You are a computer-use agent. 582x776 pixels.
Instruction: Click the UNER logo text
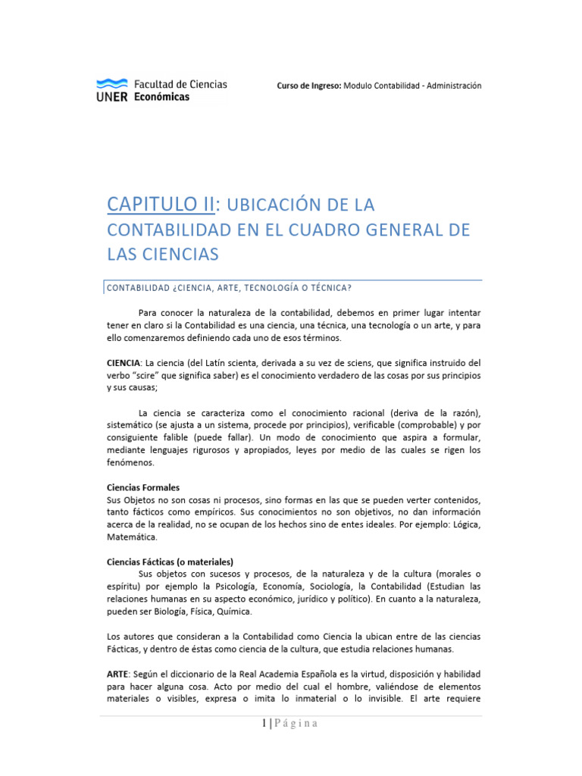tap(112, 97)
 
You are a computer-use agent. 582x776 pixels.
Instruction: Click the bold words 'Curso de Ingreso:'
tap(309, 86)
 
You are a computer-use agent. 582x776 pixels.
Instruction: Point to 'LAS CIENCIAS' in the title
tap(162, 255)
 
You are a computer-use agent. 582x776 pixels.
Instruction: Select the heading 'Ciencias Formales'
tap(143, 487)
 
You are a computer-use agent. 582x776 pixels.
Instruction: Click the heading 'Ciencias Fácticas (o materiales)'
tap(170, 562)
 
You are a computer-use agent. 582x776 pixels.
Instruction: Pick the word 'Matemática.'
tap(133, 537)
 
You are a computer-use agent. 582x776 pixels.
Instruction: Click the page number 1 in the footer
tap(264, 724)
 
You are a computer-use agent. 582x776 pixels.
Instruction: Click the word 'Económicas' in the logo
tap(161, 97)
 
